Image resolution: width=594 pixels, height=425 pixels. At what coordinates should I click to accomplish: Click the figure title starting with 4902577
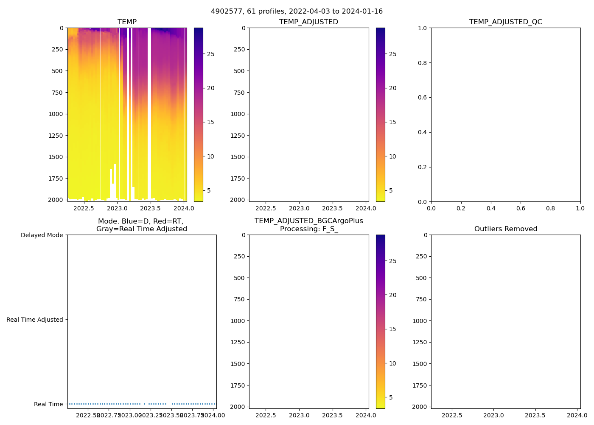click(297, 11)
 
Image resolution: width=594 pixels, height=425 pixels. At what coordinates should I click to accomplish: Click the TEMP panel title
click(127, 22)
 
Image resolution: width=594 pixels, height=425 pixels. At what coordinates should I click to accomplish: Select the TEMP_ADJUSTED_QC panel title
click(505, 22)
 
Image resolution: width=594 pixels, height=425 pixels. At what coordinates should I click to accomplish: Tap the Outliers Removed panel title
click(505, 229)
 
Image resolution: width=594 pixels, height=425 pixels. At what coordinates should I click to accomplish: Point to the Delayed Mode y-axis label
click(42, 235)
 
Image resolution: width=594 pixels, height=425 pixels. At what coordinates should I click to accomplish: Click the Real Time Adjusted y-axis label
click(34, 320)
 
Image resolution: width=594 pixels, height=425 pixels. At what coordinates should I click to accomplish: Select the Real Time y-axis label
click(48, 404)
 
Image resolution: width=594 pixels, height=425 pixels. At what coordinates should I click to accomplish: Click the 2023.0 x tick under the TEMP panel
click(117, 208)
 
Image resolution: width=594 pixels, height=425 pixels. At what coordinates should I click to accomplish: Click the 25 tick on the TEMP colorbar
click(210, 54)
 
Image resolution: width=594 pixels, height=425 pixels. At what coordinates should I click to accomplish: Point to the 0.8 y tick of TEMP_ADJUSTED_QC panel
click(422, 63)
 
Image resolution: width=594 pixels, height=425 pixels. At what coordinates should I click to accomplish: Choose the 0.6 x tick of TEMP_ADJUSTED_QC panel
click(521, 208)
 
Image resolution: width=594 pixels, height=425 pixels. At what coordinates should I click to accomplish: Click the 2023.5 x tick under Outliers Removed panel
click(535, 415)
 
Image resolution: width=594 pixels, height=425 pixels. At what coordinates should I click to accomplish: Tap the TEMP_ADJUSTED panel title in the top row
click(308, 22)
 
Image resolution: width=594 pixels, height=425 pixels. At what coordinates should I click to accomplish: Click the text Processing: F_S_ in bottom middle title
click(308, 229)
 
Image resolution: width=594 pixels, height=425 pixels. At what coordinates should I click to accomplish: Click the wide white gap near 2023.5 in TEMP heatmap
click(149, 106)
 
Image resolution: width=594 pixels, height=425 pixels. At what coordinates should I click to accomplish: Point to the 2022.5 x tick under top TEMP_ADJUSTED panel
click(266, 208)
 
